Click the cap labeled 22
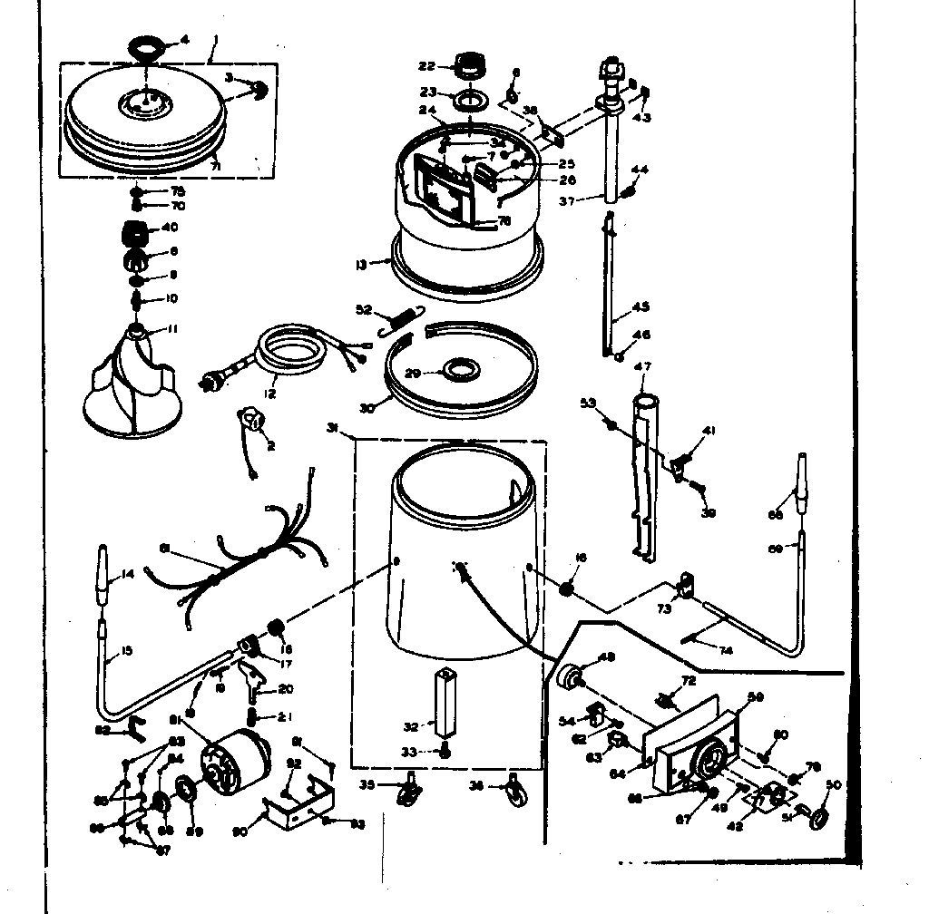(x=470, y=66)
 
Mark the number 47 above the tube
(x=643, y=366)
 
